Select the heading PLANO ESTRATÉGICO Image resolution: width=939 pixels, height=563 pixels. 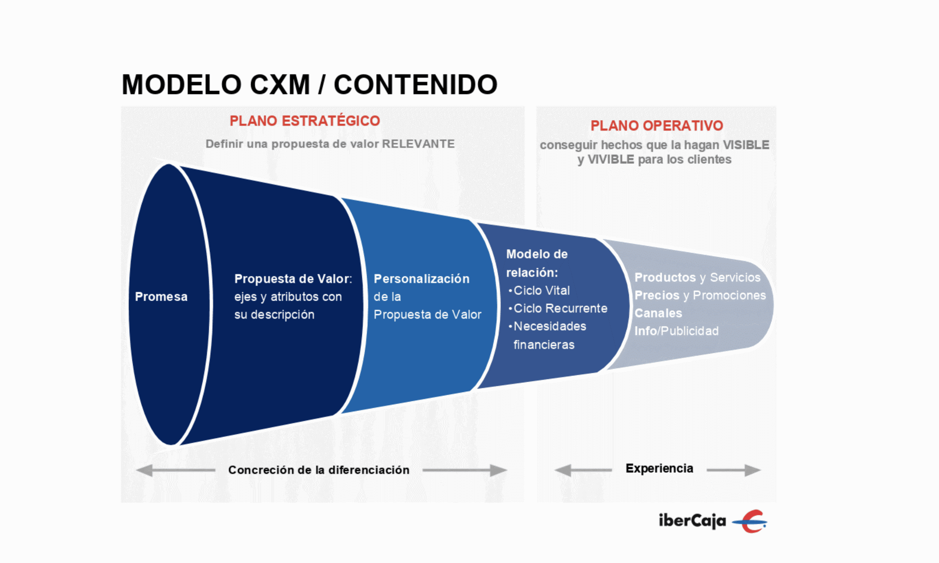305,121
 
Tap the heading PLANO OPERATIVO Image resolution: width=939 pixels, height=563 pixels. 656,126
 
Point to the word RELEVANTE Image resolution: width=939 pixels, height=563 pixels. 418,144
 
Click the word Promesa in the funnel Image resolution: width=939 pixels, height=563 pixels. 161,296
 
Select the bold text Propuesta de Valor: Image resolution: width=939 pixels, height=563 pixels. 293,278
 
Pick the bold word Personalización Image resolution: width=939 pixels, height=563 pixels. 422,278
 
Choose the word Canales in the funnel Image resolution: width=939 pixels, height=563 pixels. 658,313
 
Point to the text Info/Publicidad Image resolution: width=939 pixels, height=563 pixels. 676,331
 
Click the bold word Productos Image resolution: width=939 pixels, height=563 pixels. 665,277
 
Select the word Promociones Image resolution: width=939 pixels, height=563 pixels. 729,295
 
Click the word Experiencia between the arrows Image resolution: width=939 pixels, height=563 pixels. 659,468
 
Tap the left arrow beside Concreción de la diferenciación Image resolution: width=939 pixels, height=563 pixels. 175,470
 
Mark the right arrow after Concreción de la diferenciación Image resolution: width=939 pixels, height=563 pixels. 465,470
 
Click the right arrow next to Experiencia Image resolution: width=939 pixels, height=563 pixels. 733,470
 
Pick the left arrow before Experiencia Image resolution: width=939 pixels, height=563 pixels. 583,470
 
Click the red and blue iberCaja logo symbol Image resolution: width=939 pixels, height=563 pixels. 750,521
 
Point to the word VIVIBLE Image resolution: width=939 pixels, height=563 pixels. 611,159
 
